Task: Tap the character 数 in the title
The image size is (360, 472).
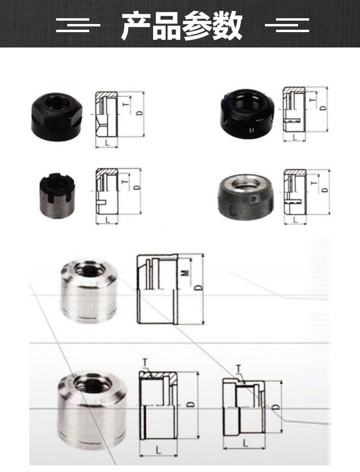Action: [x=227, y=25]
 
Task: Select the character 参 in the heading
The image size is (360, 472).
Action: [x=197, y=25]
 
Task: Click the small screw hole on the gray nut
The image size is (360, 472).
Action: [x=255, y=199]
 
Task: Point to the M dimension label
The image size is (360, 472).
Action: [x=186, y=273]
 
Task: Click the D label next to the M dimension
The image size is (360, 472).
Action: [x=198, y=288]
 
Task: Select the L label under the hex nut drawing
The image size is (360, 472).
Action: [x=108, y=143]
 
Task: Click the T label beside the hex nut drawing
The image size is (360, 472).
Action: [x=126, y=105]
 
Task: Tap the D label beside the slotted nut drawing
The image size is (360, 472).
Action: [x=137, y=187]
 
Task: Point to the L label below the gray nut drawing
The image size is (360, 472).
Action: [x=295, y=220]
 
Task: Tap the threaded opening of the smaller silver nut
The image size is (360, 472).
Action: [x=90, y=269]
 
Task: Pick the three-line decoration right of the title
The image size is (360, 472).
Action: [x=287, y=25]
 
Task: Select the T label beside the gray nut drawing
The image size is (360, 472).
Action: [x=314, y=183]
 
